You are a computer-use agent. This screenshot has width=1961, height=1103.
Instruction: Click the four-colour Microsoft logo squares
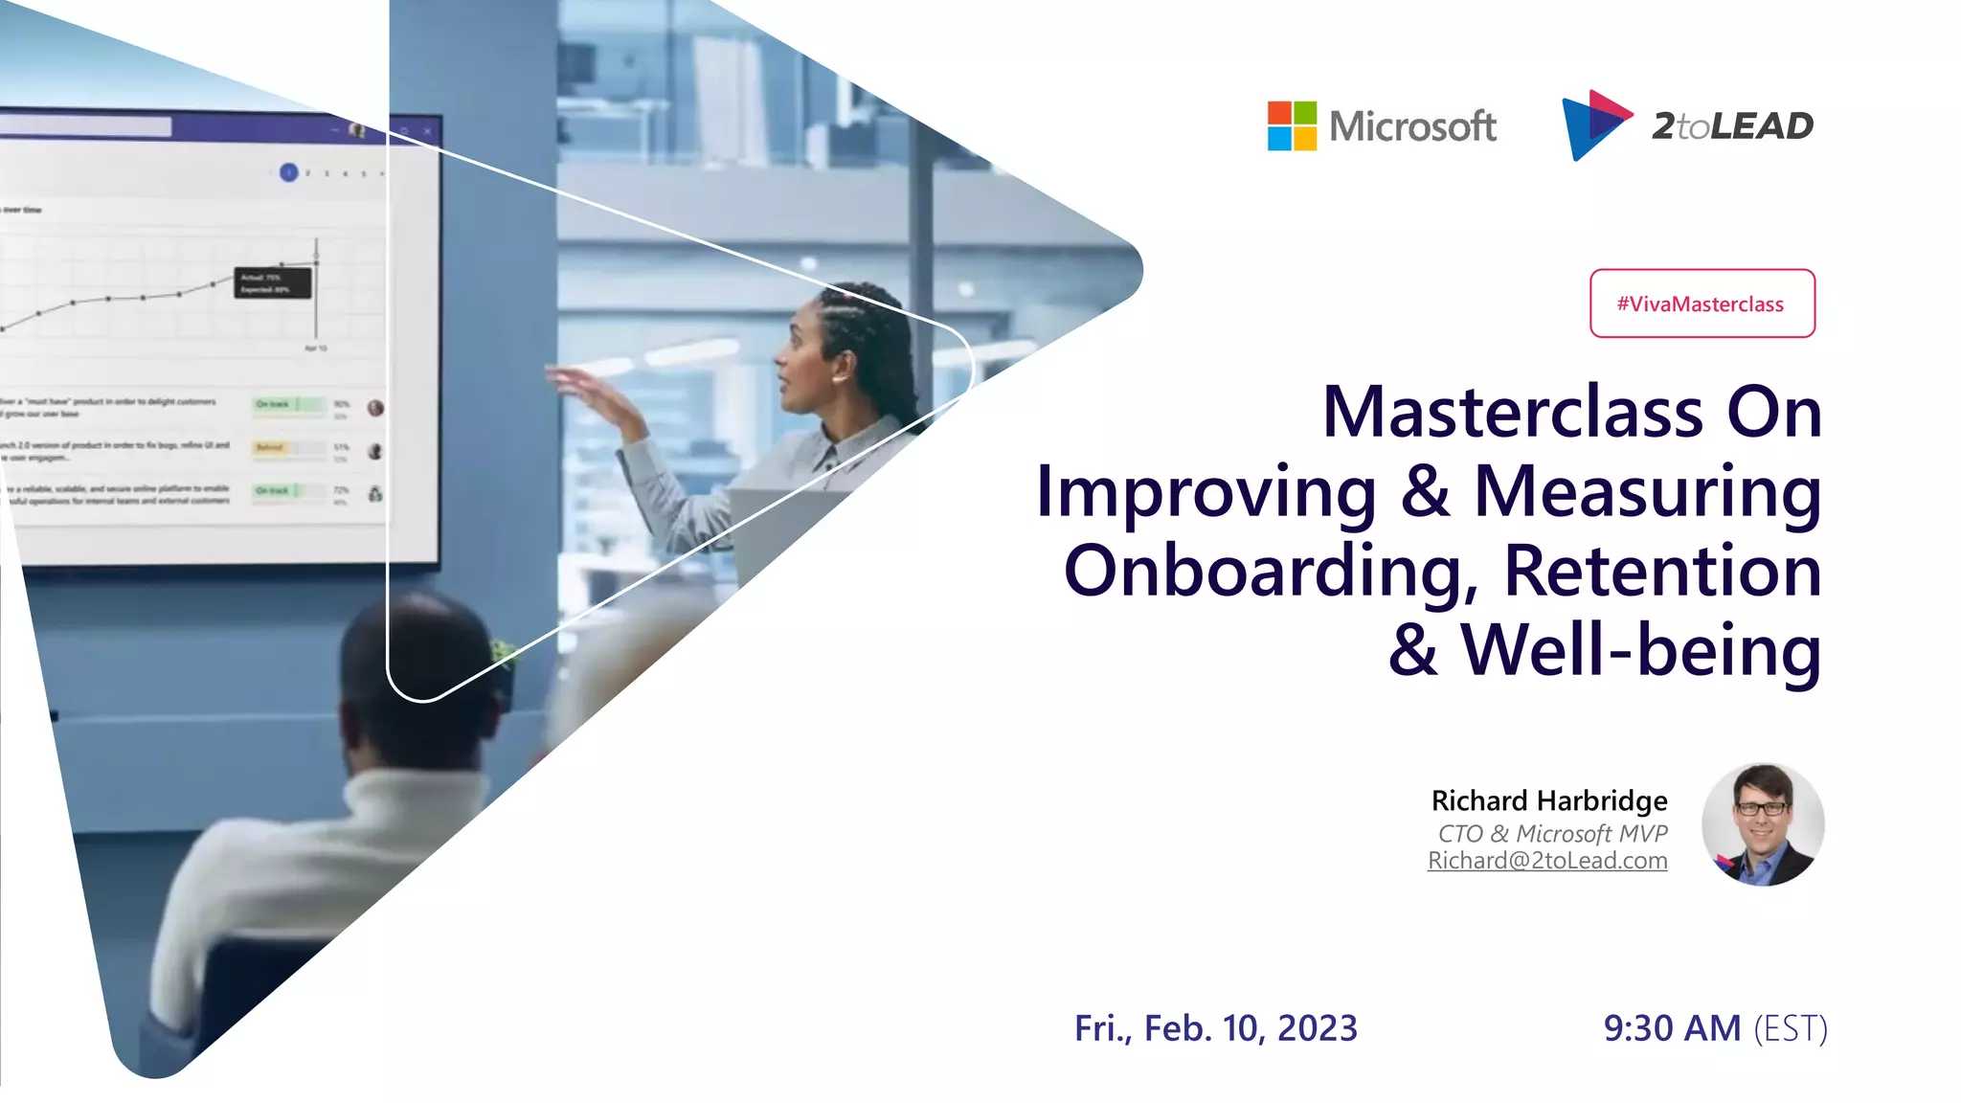click(x=1292, y=126)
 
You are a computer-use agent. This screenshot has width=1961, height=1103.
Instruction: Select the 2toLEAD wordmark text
click(x=1732, y=126)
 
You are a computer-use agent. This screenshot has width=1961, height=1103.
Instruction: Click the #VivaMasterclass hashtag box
click(x=1702, y=304)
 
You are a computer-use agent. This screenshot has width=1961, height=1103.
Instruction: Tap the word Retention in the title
click(x=1662, y=572)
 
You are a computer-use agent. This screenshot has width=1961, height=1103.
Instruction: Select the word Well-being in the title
click(x=1640, y=651)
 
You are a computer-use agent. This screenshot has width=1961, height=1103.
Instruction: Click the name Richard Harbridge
click(x=1548, y=800)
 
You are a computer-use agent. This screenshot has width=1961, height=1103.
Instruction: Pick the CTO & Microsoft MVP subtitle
click(x=1552, y=833)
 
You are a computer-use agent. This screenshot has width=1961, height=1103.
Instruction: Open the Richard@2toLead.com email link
click(x=1547, y=861)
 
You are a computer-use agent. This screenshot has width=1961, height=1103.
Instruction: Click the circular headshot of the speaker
click(x=1763, y=824)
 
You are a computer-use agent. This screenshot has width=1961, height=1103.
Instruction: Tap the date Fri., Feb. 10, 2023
click(x=1215, y=1028)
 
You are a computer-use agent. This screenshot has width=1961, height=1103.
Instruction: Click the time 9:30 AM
click(x=1672, y=1028)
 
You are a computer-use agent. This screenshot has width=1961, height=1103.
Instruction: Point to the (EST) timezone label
click(x=1791, y=1029)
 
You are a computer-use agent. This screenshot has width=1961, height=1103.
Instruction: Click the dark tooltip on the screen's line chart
click(x=273, y=283)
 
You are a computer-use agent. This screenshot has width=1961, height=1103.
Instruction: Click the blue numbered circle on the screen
click(x=288, y=172)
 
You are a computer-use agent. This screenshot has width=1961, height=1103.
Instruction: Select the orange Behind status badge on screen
click(x=271, y=447)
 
